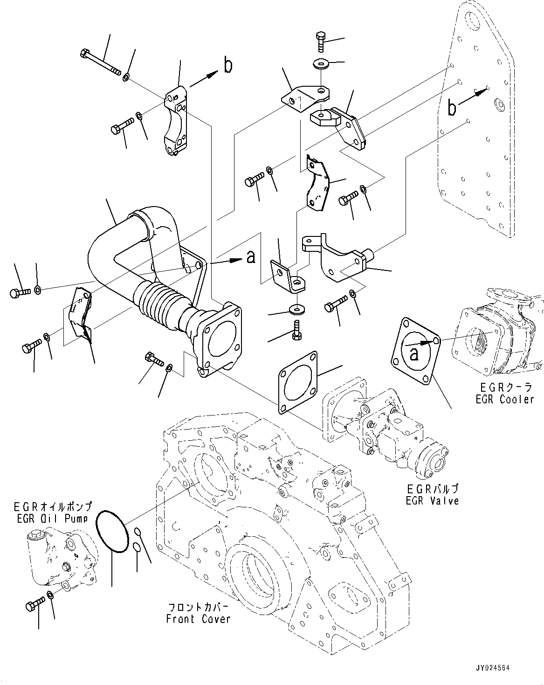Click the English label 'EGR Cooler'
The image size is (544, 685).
pos(504,399)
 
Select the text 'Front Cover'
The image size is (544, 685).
pos(198,619)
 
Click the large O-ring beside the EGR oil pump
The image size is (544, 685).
pos(113,532)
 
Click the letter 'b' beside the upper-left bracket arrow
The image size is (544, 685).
pos(227,66)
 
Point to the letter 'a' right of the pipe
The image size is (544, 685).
pos(251,256)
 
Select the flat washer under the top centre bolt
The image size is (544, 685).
pos(321,62)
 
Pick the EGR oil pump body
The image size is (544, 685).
pos(62,558)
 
